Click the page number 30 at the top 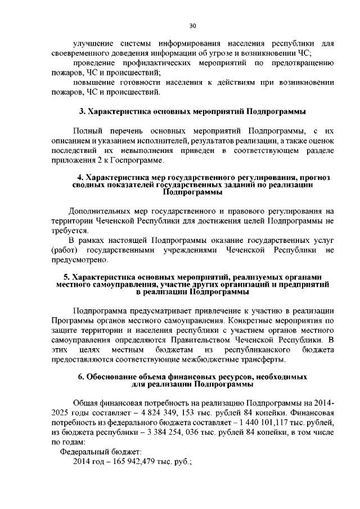click(x=192, y=26)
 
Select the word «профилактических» click(x=157, y=63)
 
